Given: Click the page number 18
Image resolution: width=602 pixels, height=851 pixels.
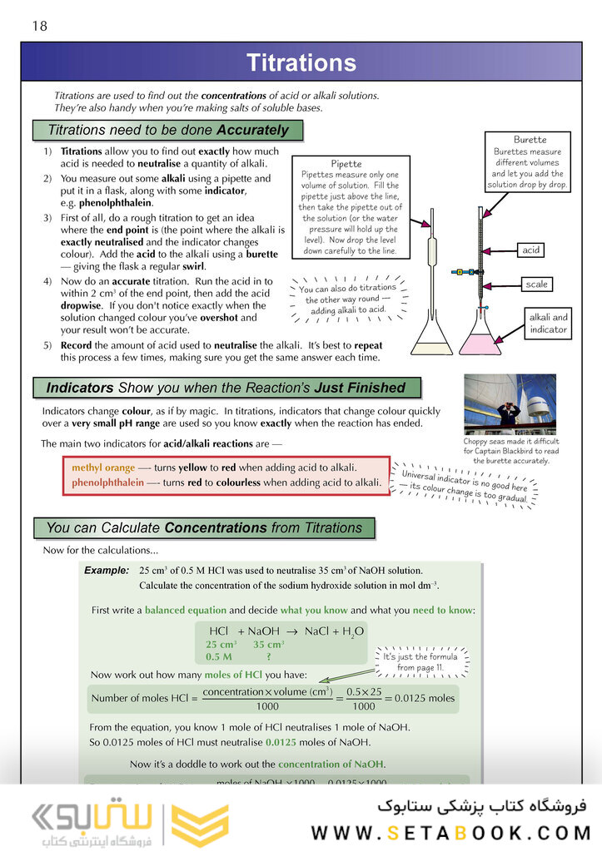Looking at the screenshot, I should tap(39, 26).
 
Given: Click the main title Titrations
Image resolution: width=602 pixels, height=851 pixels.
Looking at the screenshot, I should tap(301, 63).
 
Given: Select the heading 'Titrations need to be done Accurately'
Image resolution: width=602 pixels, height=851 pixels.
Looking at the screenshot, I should tap(167, 131).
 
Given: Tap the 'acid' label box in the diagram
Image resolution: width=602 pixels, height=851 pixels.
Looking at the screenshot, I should tap(530, 250).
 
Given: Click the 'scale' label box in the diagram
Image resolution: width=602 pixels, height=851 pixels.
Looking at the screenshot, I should tap(536, 284).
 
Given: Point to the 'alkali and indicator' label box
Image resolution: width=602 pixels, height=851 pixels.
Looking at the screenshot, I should tap(548, 324).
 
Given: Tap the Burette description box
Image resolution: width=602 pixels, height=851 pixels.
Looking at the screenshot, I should tap(527, 163).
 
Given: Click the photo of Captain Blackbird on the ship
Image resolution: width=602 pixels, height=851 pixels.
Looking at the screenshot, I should tap(510, 404).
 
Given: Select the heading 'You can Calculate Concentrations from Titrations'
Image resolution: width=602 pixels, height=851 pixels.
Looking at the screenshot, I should tap(204, 528).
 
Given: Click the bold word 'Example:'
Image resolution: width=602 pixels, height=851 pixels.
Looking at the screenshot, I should tap(107, 571).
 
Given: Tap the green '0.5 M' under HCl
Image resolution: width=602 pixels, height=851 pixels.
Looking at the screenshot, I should tap(219, 656).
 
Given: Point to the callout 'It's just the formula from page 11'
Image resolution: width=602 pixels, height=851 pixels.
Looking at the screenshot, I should tap(420, 661).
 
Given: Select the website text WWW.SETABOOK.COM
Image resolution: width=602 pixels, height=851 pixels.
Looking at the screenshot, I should tap(450, 833).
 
